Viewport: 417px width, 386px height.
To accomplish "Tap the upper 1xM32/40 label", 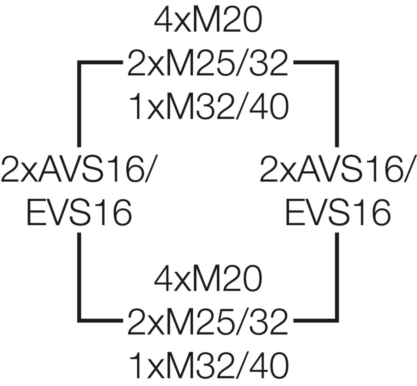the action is coord(209,107).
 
